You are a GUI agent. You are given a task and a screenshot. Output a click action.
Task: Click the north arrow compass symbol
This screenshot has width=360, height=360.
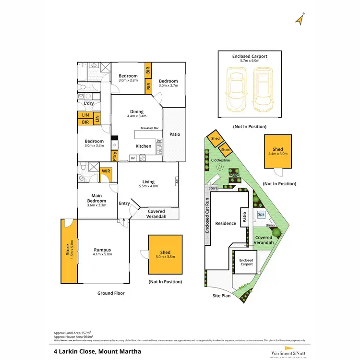tap(300, 20)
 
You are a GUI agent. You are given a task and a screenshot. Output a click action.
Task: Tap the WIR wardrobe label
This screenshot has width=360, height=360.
tap(106, 170)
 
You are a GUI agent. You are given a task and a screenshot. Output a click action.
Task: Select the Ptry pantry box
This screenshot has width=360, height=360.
tap(115, 156)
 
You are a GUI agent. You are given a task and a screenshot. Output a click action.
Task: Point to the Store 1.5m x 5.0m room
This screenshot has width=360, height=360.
tap(69, 252)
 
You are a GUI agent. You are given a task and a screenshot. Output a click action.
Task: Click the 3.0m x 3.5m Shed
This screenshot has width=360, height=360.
tap(166, 254)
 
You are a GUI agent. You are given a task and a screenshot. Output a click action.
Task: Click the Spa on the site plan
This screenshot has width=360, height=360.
tap(261, 215)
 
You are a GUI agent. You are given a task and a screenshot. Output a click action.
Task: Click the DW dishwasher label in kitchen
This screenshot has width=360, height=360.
tap(158, 140)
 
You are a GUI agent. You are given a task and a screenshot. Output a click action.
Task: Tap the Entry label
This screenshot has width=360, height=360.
tap(124, 204)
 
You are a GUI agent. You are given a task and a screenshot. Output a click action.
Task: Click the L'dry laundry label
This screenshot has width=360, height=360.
tap(89, 103)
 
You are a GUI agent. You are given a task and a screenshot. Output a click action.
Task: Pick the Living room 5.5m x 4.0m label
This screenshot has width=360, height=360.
tap(148, 184)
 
